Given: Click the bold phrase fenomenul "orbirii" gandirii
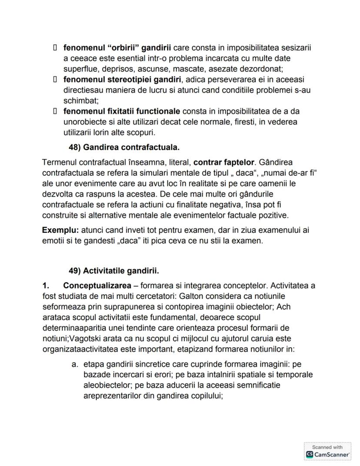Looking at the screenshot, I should click(x=117, y=47).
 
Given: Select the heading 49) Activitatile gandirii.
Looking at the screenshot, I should click(x=114, y=271).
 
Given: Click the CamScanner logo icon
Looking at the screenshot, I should click(x=310, y=454).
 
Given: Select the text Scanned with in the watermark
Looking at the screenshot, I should click(x=327, y=447).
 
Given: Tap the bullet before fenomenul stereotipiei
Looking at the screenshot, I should click(x=55, y=80).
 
